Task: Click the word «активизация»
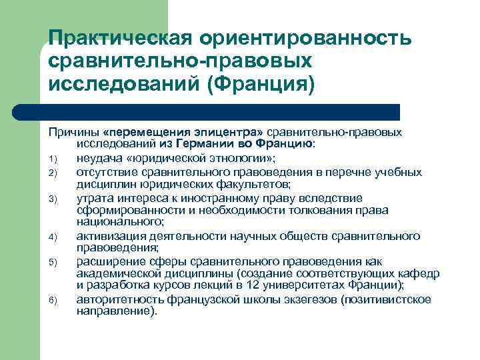click(108, 235)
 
